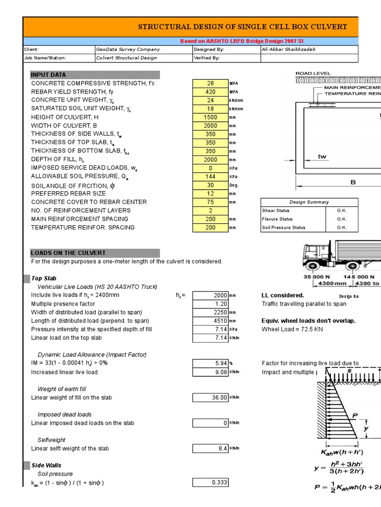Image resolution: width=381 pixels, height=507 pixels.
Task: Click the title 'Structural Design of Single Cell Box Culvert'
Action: (242, 27)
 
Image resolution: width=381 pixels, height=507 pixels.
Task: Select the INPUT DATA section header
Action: (95, 75)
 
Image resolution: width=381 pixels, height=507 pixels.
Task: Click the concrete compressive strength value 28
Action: (210, 84)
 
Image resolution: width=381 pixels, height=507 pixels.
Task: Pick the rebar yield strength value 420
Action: (210, 92)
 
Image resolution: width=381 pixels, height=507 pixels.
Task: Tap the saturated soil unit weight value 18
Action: (210, 109)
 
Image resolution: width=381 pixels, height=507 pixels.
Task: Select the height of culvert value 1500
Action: (210, 117)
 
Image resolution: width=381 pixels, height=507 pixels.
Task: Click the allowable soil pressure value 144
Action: (210, 176)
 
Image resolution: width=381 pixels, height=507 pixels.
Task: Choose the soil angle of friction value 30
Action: (210, 185)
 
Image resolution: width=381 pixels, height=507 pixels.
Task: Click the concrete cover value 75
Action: (210, 202)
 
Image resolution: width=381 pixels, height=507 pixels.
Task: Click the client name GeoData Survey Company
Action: (128, 50)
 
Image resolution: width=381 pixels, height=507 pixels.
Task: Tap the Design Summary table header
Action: (309, 202)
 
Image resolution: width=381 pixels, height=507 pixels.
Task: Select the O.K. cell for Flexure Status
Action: (342, 219)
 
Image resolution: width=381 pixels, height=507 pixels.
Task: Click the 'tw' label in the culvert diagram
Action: (322, 156)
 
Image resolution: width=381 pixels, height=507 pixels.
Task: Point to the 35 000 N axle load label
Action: (314, 277)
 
